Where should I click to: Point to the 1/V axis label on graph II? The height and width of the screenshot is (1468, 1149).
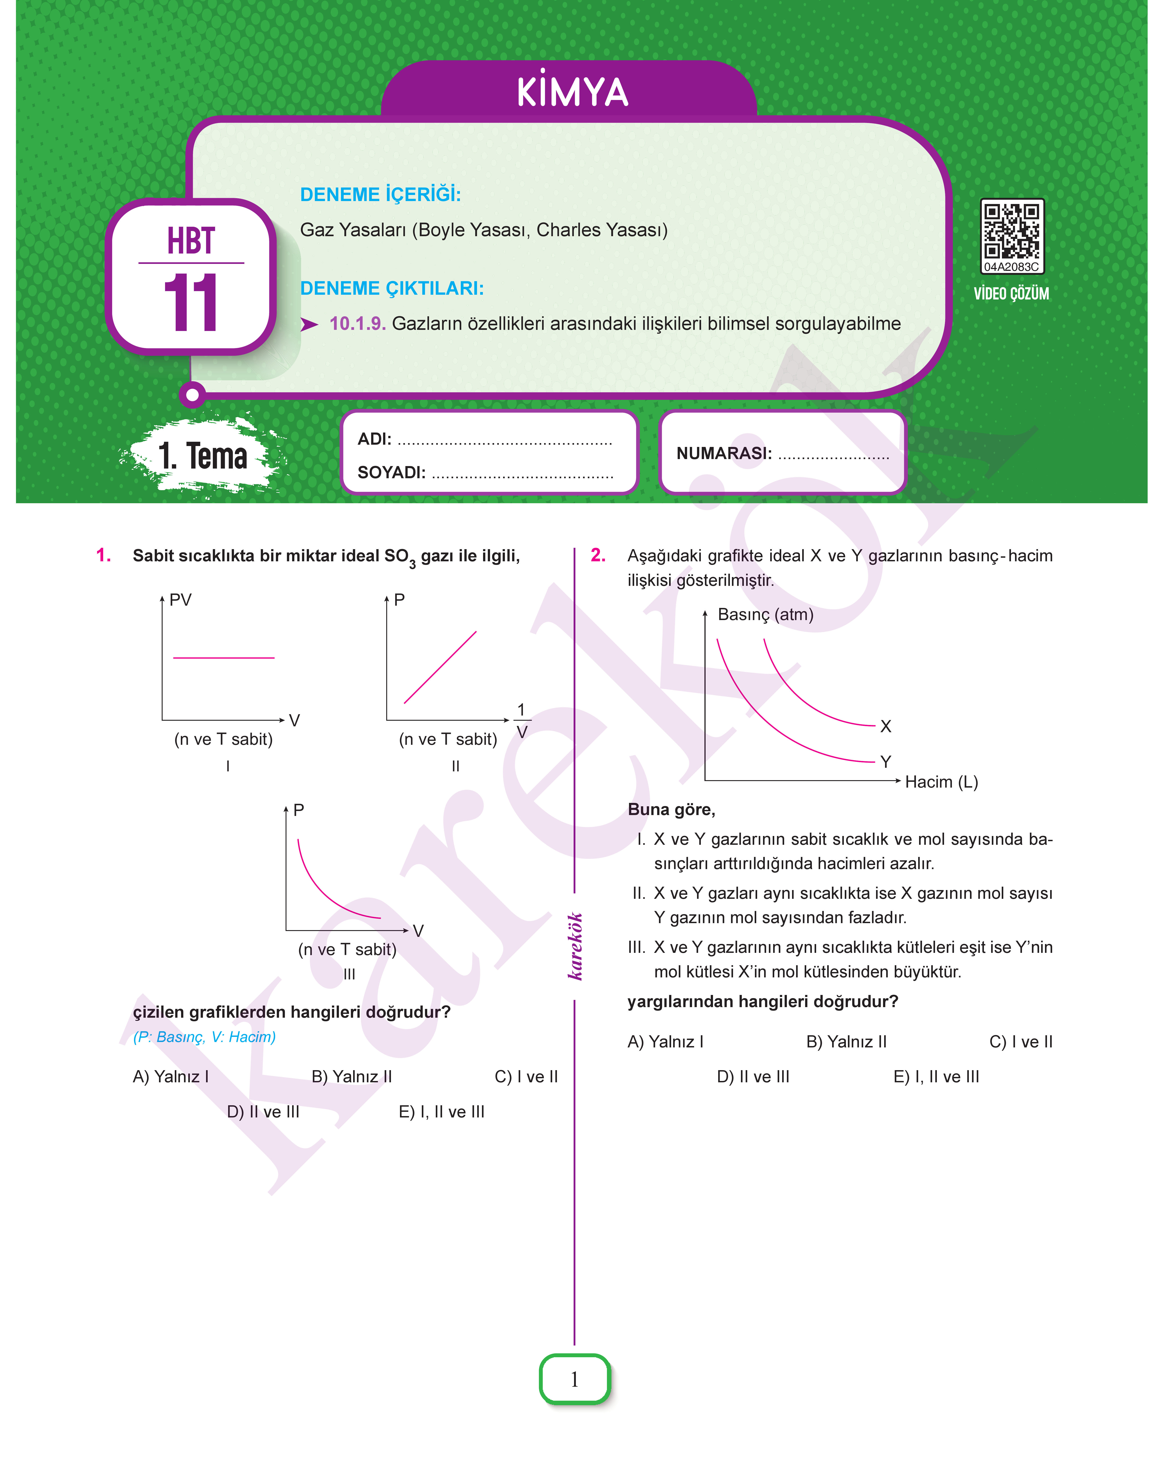(x=521, y=721)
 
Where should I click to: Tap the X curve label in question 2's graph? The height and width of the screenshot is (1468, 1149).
(x=885, y=726)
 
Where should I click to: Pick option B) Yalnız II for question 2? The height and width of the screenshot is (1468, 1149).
(x=846, y=1042)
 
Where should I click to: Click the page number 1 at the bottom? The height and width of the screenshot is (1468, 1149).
(x=574, y=1379)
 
